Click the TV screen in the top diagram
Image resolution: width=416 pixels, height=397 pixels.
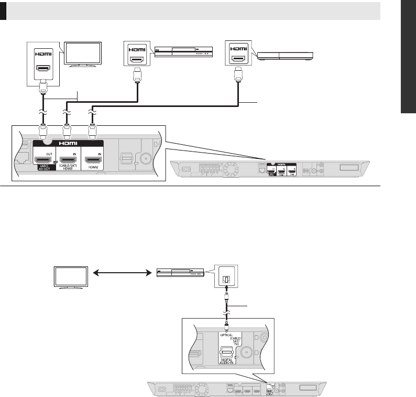coord(83,52)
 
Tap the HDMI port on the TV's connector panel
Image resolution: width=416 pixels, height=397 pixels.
coord(43,69)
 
